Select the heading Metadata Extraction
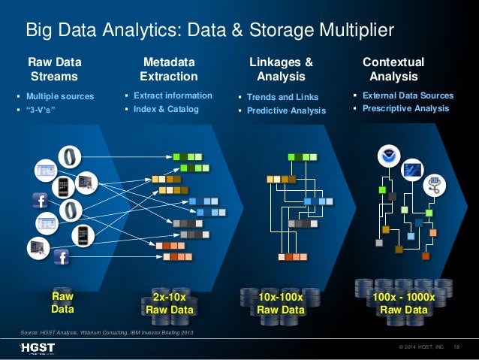point(169,69)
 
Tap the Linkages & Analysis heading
point(281,69)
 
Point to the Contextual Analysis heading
point(393,69)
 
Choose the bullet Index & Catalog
point(166,109)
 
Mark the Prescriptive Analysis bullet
point(405,108)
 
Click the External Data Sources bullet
point(408,96)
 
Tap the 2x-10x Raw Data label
point(170,304)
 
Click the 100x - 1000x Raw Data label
point(403,304)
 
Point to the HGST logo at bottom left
point(38,347)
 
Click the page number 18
point(457,347)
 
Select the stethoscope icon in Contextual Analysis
point(435,183)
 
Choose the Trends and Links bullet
point(282,97)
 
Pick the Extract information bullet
point(173,96)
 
